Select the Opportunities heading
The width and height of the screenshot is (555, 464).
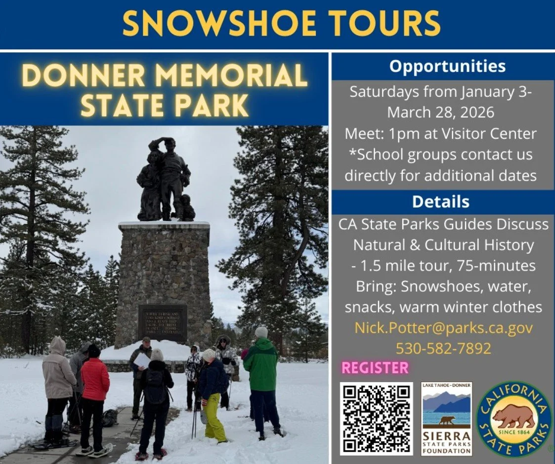pyautogui.click(x=447, y=66)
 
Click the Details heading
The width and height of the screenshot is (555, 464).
pyautogui.click(x=440, y=201)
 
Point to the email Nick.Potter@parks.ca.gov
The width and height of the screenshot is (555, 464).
pyautogui.click(x=443, y=328)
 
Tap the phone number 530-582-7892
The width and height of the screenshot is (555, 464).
pyautogui.click(x=443, y=348)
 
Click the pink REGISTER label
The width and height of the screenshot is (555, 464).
pyautogui.click(x=376, y=368)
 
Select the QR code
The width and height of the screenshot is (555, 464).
pyautogui.click(x=376, y=418)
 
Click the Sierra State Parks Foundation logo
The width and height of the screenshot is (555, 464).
pyautogui.click(x=446, y=418)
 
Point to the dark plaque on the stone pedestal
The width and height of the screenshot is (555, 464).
pyautogui.click(x=163, y=322)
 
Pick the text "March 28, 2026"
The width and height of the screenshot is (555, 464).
pyautogui.click(x=440, y=112)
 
